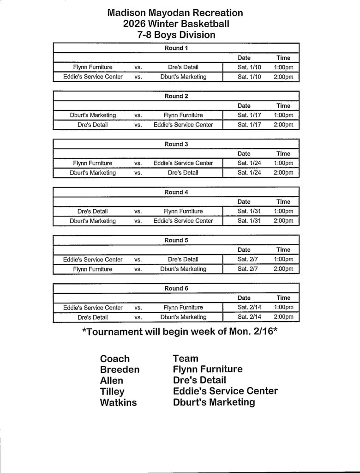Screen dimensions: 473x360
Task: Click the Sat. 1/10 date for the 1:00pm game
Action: point(249,67)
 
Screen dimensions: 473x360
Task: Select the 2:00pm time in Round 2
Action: point(283,125)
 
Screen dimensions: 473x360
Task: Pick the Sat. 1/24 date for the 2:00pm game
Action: point(249,173)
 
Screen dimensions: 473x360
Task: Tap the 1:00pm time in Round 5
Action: point(283,260)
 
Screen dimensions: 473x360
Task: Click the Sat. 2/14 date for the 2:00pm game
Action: point(249,317)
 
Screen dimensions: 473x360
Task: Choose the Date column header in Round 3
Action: point(244,154)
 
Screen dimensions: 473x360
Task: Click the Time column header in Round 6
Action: point(283,298)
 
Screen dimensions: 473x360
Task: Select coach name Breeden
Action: point(120,370)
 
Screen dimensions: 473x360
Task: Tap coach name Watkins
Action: point(118,402)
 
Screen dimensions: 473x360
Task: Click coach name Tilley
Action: point(112,392)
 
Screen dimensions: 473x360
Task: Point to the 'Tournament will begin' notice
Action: point(179,332)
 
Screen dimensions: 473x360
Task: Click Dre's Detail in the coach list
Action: point(199,380)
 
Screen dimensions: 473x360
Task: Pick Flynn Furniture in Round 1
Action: point(93,67)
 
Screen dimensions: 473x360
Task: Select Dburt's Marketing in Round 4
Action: point(93,221)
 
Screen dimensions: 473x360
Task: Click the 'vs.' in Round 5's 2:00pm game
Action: point(138,269)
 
